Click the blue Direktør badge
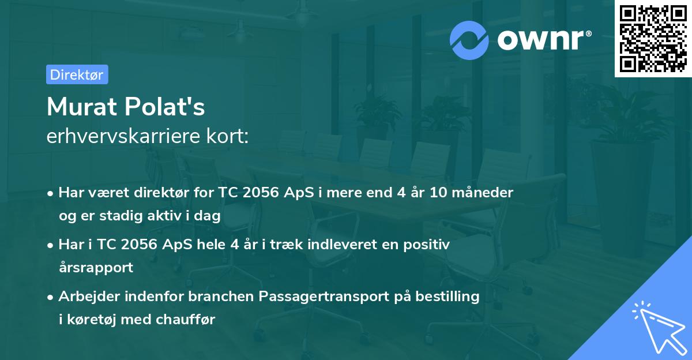click(x=77, y=74)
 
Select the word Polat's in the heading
click(x=165, y=107)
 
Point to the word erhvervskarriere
click(x=123, y=136)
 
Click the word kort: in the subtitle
click(x=227, y=136)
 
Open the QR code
click(x=653, y=39)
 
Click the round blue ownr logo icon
click(x=469, y=40)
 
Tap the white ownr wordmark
click(x=544, y=40)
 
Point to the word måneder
click(x=483, y=193)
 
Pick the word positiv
click(x=426, y=245)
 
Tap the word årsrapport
click(x=96, y=268)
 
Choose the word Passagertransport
click(x=324, y=297)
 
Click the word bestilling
click(x=447, y=297)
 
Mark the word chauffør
click(x=185, y=320)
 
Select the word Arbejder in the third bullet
click(x=89, y=297)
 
